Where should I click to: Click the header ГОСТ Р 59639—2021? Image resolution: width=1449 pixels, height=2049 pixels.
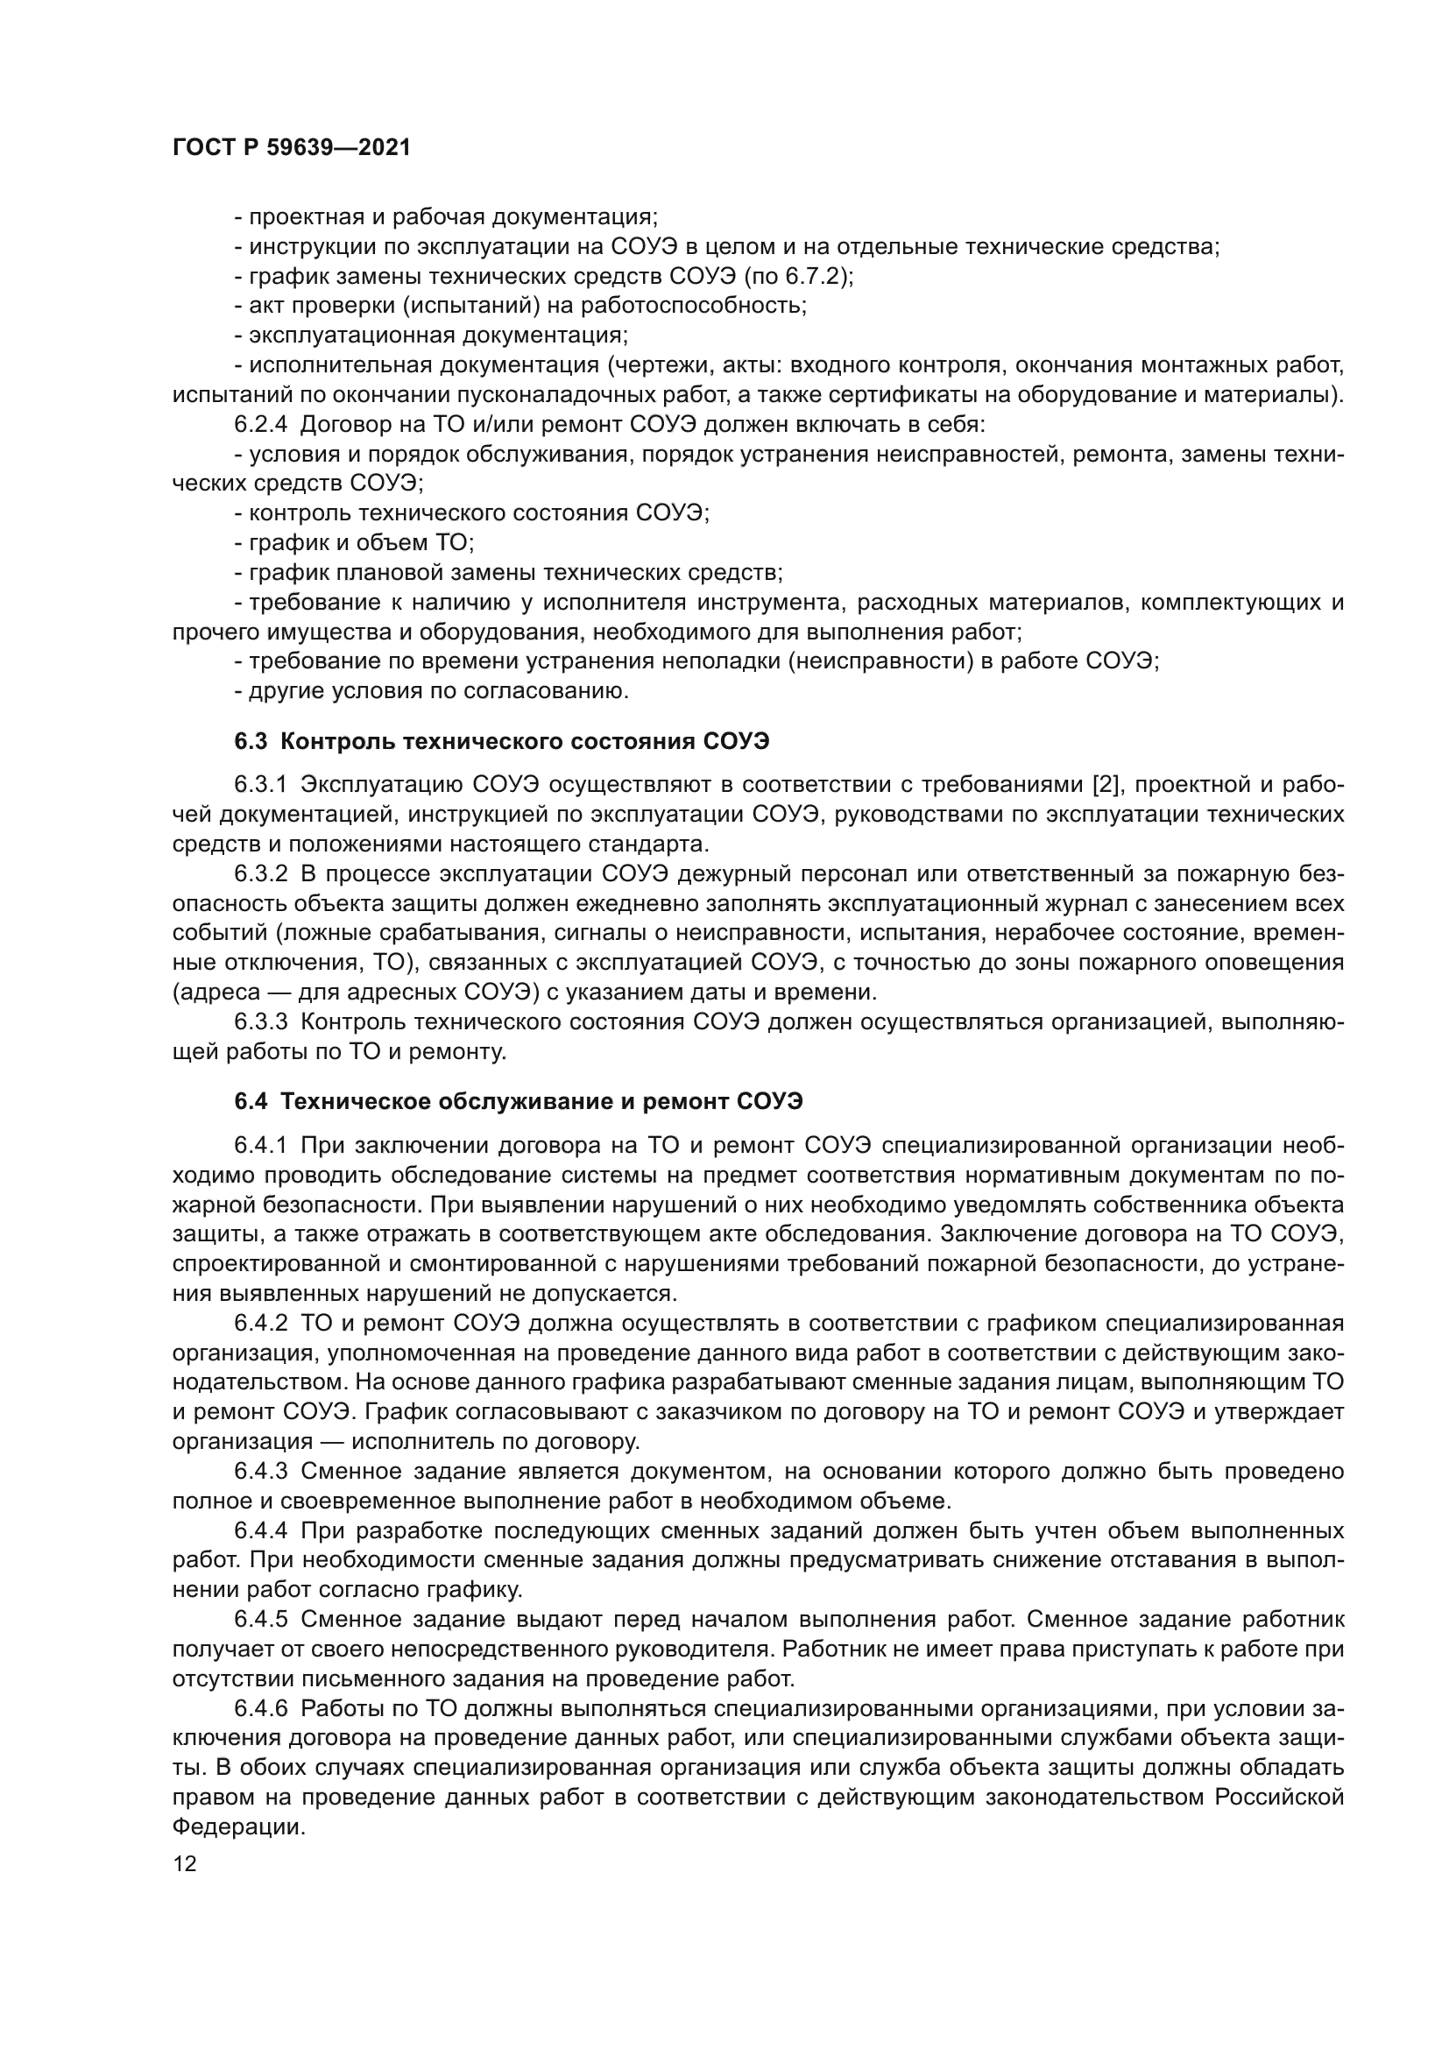(x=292, y=148)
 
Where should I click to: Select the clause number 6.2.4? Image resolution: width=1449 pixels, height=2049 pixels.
(x=260, y=425)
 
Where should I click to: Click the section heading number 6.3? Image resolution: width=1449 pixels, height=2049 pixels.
(x=251, y=742)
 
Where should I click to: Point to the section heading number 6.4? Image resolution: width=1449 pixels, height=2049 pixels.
(x=251, y=1102)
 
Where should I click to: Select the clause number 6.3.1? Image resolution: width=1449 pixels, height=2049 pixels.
(x=260, y=785)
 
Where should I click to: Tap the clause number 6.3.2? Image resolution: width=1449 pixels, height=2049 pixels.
(x=260, y=874)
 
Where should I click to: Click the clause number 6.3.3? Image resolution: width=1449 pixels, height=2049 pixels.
(x=260, y=1021)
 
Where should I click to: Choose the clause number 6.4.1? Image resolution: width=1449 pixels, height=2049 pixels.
(x=260, y=1146)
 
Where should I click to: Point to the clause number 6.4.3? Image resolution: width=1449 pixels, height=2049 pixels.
(x=260, y=1471)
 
